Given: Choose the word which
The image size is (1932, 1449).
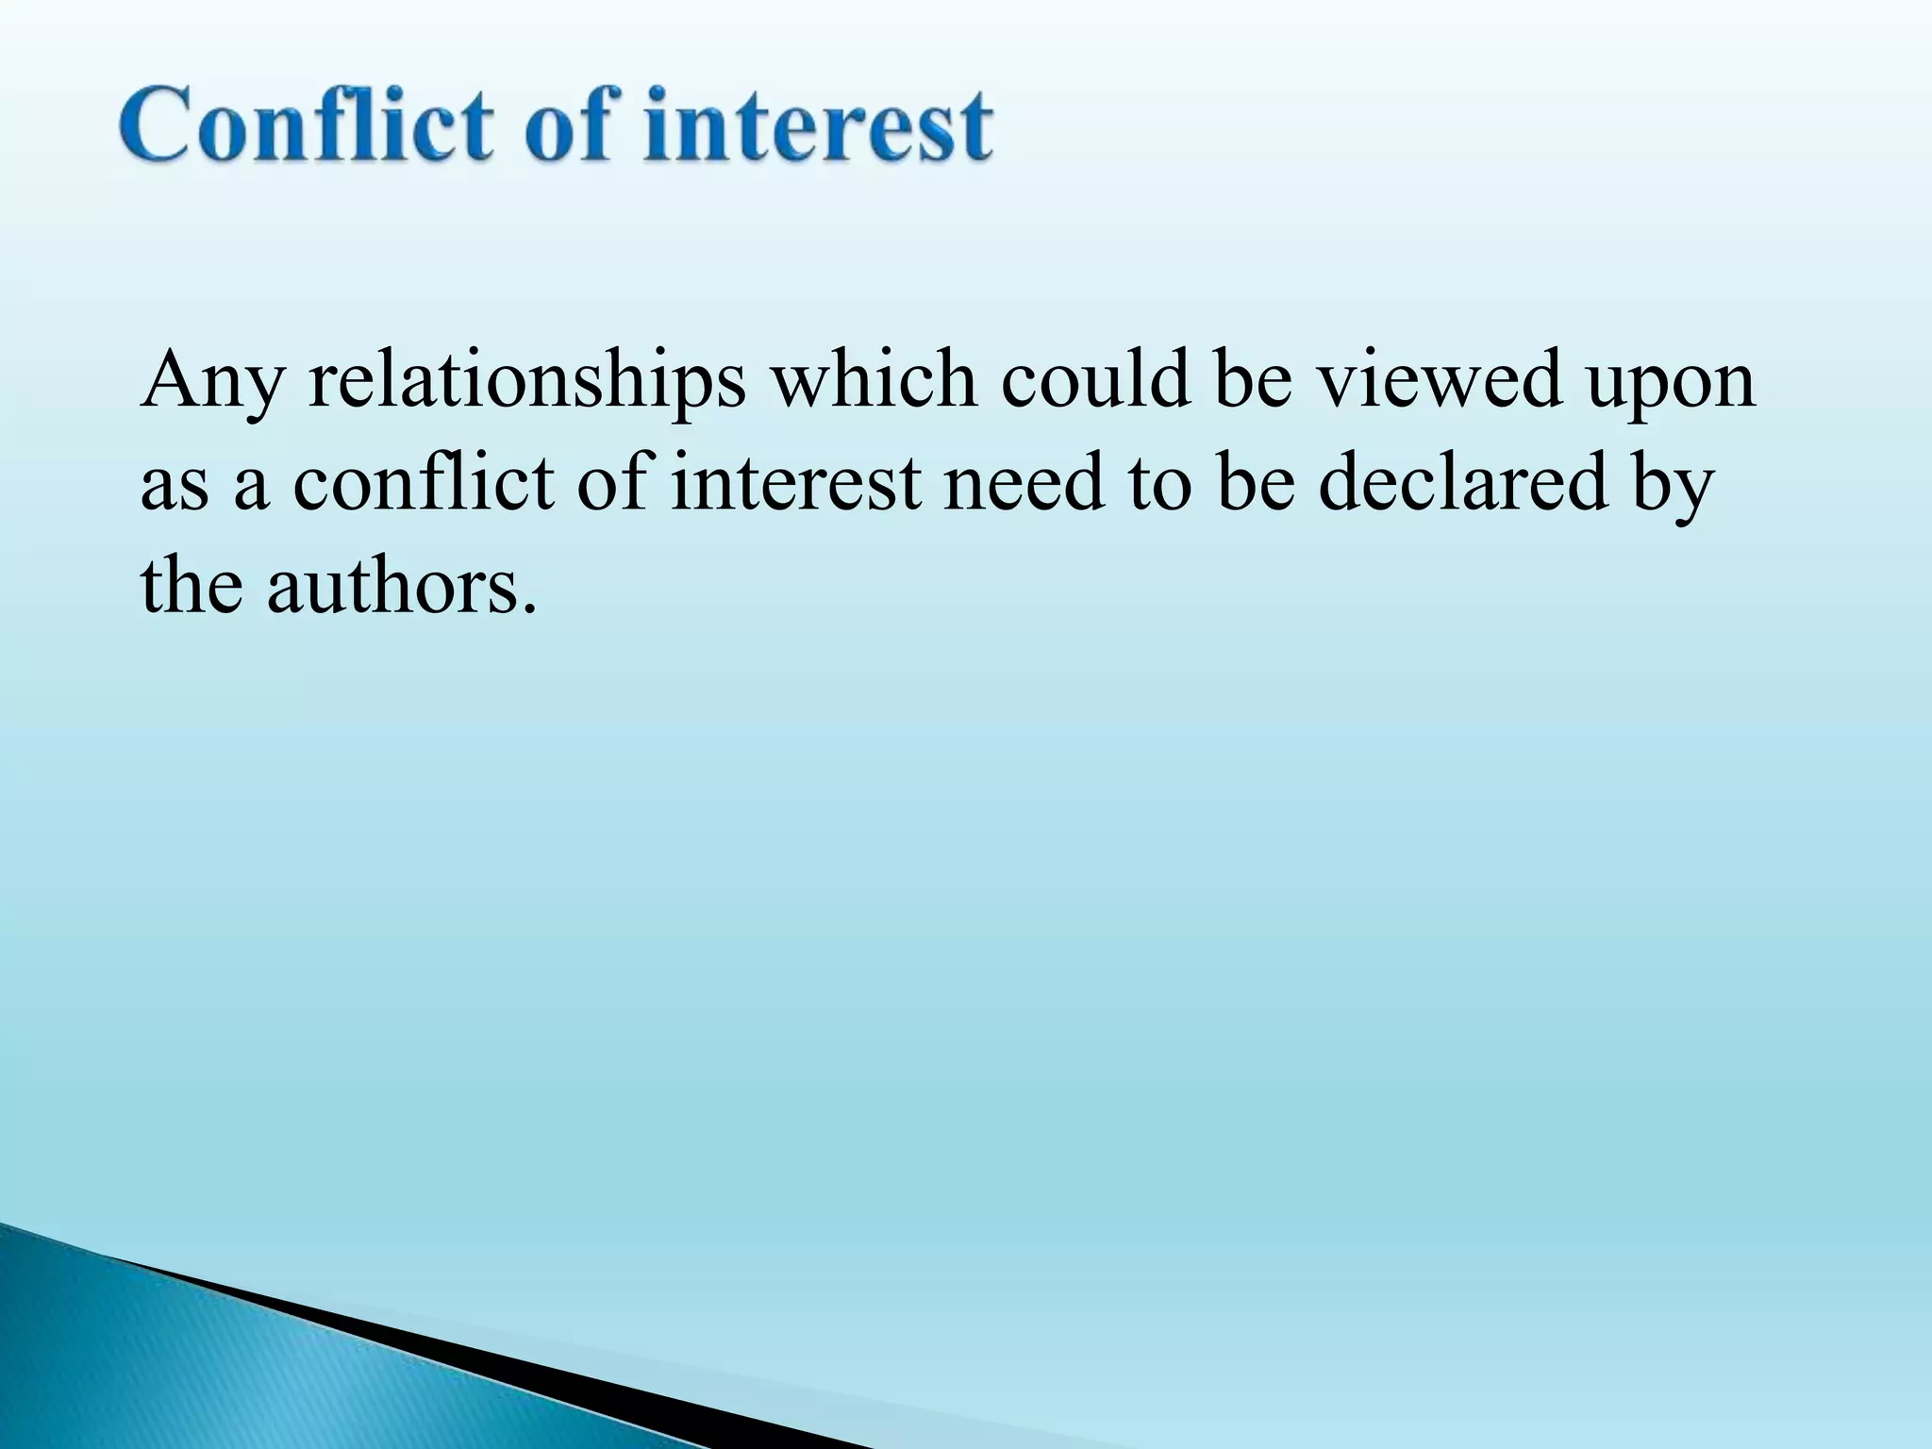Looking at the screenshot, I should point(874,379).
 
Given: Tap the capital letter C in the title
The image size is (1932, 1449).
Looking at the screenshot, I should point(158,125).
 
